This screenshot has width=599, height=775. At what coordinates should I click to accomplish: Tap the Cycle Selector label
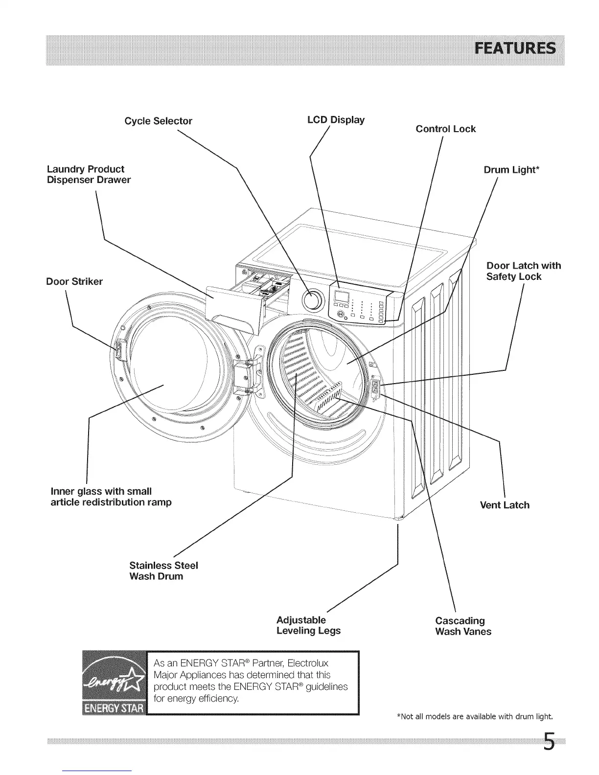click(x=158, y=121)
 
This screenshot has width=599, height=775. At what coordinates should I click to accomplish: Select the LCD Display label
click(x=335, y=120)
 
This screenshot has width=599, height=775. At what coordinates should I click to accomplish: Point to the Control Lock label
click(x=445, y=129)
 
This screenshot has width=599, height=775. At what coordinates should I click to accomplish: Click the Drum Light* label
click(x=511, y=170)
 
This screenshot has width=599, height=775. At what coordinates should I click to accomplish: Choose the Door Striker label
click(x=74, y=281)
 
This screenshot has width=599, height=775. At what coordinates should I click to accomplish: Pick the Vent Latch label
click(x=505, y=505)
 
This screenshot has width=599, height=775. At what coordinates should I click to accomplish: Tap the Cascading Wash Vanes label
click(x=463, y=626)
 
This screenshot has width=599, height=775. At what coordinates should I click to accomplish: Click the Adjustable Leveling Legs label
click(x=308, y=625)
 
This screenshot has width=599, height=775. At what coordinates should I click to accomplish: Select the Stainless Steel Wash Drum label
click(x=163, y=570)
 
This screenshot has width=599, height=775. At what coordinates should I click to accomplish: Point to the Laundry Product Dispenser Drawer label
click(x=89, y=175)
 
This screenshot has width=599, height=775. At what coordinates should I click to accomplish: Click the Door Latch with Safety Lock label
click(x=523, y=271)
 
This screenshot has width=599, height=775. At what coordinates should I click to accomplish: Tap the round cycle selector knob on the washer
click(x=314, y=300)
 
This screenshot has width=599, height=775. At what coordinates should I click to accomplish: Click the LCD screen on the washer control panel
click(x=341, y=296)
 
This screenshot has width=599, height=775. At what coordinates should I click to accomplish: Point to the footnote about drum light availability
click(x=474, y=717)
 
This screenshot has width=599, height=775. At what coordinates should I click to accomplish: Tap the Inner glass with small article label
click(x=111, y=497)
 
